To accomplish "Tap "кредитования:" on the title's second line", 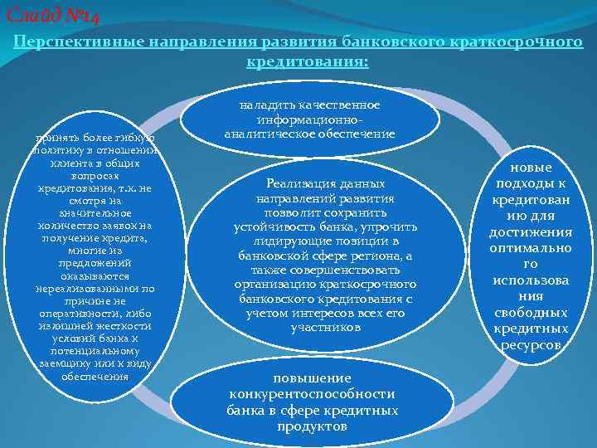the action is tap(308, 61).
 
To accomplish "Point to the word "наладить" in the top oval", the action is tap(264, 105).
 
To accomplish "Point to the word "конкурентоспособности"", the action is tap(313, 394).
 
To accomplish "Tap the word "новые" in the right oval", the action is tap(530, 168).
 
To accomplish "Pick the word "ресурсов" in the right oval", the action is tap(530, 344).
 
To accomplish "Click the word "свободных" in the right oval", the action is tap(530, 313).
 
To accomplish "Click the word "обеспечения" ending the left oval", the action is tap(95, 376).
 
